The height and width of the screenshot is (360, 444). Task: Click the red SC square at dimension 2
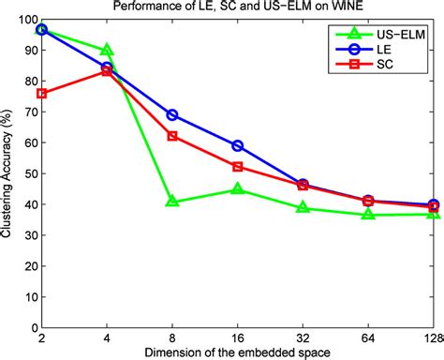coord(41,94)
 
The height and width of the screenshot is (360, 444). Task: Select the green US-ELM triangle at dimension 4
coord(107,50)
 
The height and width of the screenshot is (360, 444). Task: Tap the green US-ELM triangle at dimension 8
coord(172,202)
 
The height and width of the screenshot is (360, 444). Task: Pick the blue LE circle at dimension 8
coord(172,115)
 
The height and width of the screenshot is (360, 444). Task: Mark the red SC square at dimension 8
coord(172,136)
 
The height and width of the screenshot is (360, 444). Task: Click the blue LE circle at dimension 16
coord(238,146)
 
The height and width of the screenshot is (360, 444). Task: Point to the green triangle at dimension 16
coord(238,189)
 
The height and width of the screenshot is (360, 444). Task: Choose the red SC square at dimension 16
coord(238,166)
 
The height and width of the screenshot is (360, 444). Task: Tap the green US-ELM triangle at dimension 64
coord(369,215)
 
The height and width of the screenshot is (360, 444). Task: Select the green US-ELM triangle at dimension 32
coord(303,207)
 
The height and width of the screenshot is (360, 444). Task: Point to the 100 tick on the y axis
coord(24,19)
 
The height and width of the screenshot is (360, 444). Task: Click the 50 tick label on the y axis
coord(27,173)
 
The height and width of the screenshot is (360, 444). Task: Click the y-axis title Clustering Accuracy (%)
coord(8,173)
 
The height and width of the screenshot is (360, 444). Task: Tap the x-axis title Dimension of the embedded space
coord(237,351)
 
